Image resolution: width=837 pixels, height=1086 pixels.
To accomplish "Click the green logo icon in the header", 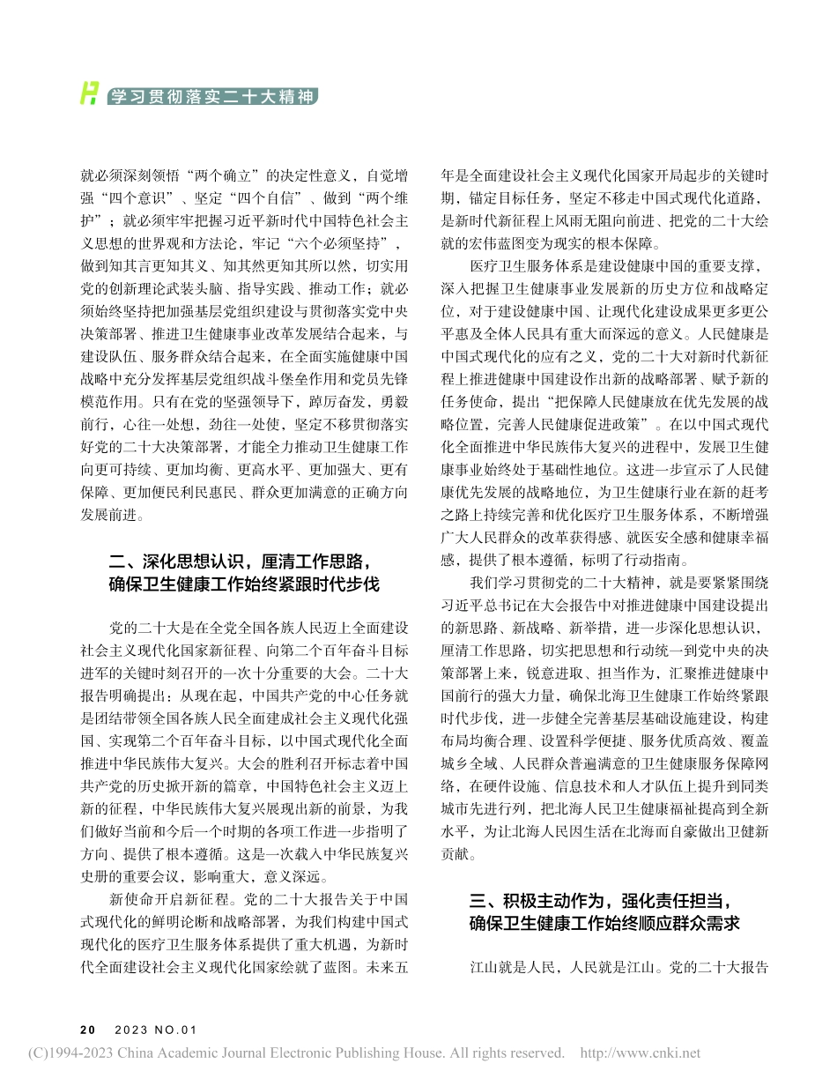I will [88, 92].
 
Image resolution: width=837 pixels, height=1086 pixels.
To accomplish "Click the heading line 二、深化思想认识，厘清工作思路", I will [235, 562].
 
